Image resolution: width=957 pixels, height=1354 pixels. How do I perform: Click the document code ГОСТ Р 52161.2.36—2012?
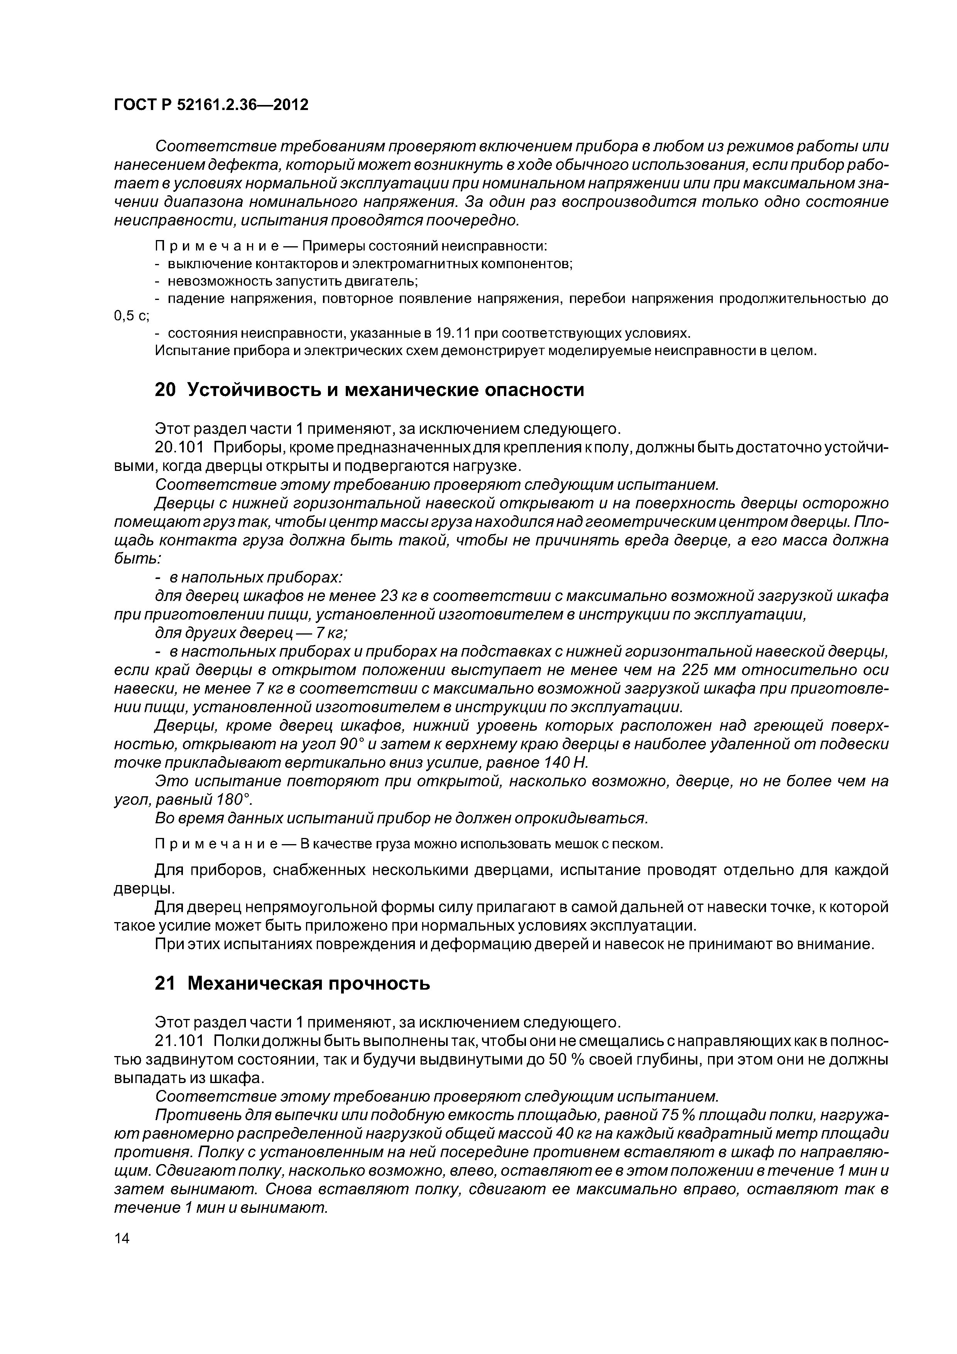(x=211, y=105)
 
